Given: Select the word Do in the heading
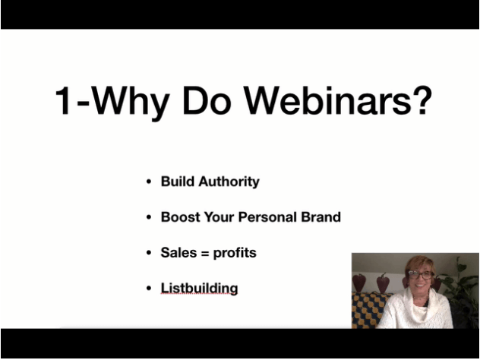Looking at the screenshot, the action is click(207, 100).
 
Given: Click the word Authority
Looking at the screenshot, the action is click(229, 182).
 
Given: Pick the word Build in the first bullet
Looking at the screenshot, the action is click(178, 182).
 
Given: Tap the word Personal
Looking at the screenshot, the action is click(267, 217).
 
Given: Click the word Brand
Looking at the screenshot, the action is click(321, 217).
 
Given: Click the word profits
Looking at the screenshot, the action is click(235, 253).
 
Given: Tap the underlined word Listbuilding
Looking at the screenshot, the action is click(199, 289).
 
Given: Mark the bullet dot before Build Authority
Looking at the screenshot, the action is click(149, 182).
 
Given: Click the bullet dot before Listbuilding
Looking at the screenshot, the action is click(149, 289).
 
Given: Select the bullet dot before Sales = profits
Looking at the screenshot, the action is click(149, 253).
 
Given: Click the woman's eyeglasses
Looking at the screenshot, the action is click(420, 275).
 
